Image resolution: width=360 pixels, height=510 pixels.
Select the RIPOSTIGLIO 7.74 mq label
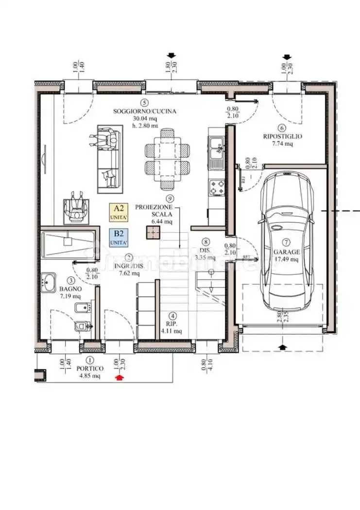coord(282,140)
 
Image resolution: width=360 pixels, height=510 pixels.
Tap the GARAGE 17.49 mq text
coord(286,256)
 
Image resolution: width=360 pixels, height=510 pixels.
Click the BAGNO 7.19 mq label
coord(71,291)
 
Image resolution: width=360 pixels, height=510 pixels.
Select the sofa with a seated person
coord(108,157)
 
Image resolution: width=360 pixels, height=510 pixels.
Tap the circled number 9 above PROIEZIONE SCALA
coord(170,198)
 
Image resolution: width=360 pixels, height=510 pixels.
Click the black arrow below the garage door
coord(283,346)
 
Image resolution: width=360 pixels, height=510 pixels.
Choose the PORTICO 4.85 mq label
coord(90,372)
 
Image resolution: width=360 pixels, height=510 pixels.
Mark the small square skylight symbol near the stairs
coord(153,233)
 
